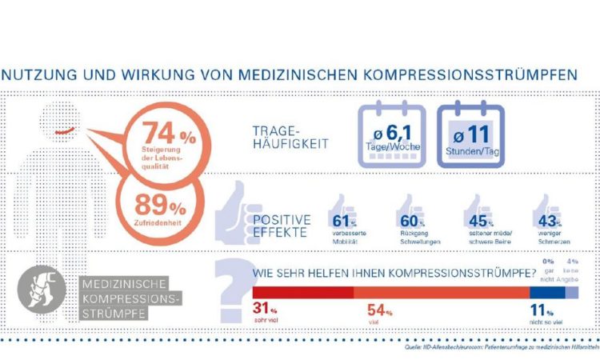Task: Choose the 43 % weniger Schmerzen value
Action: pos(548,220)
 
